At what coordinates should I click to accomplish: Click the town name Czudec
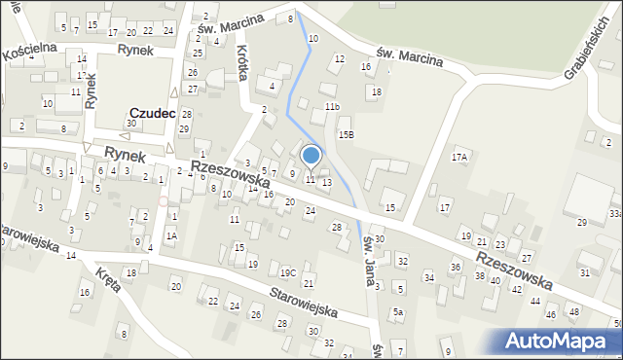pos(152,114)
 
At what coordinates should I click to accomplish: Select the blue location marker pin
pos(311,156)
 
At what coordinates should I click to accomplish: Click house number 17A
pos(459,157)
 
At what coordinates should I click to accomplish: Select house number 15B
pos(346,134)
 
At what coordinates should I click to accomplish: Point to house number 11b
pos(332,106)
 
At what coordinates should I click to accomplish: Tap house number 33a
pos(615,212)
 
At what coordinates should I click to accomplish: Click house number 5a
pos(398,312)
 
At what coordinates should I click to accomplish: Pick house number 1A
pos(171,235)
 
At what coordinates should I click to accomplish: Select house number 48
pos(574,312)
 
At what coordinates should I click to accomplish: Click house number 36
pos(455,267)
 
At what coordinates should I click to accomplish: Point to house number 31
pos(584,272)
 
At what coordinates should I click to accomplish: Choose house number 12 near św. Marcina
pos(339,59)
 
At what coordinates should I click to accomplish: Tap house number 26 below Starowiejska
pos(255,314)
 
